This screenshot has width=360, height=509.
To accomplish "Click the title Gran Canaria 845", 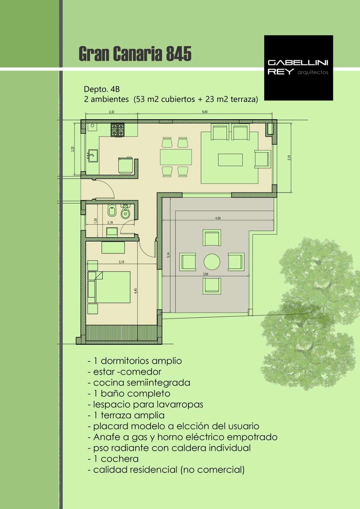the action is tap(135, 54).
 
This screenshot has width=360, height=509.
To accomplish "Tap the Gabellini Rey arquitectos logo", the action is tap(298, 68).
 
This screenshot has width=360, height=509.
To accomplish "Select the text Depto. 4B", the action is tap(102, 89).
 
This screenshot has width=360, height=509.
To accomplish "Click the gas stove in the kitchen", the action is tap(117, 130).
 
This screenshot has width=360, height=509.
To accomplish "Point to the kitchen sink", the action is tap(93, 156).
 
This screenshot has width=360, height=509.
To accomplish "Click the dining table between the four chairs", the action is tap(176, 157).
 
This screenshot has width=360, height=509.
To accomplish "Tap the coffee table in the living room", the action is tap(230, 160).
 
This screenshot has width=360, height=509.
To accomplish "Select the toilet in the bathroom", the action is tap(125, 211).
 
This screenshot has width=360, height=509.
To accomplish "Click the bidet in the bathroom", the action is tap(112, 210).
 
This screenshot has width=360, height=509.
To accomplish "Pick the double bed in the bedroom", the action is tap(109, 287).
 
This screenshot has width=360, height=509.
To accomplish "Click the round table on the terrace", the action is tap(212, 262).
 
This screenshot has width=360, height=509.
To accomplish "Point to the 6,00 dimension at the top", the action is tap(205, 112).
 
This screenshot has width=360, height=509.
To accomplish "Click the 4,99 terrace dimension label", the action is tap(218, 218).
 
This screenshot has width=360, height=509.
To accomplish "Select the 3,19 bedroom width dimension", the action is tap(121, 262).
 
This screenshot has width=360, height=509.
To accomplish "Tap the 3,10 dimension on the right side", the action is tap(289, 158).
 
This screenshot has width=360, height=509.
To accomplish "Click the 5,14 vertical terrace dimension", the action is tap(168, 255).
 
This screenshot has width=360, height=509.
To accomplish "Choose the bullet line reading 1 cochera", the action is tap(113, 459).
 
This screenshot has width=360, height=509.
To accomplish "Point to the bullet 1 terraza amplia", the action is tap(126, 415).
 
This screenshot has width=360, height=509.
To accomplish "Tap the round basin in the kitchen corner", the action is tap(93, 125).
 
